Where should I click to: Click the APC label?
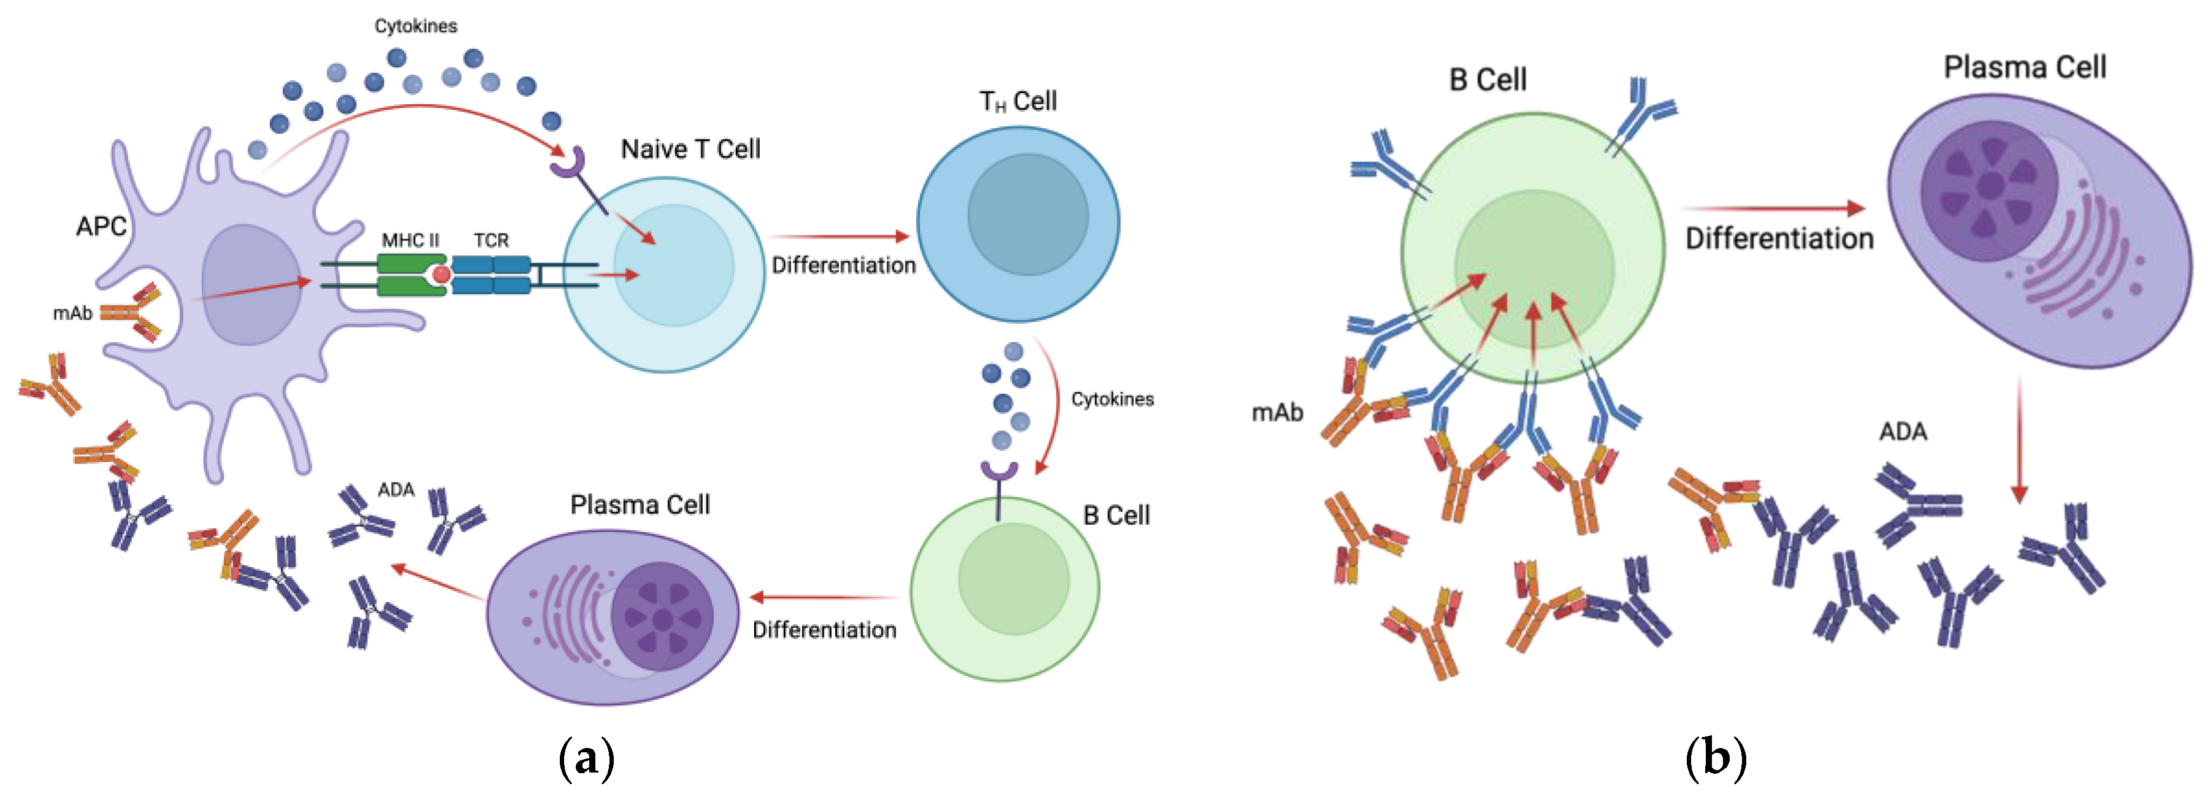coord(101,226)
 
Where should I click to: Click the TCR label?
coord(491,240)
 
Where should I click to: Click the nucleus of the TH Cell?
coord(1027,215)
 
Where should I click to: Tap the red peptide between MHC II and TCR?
coord(441,275)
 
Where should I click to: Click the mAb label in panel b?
coord(1277,413)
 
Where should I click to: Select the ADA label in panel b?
coord(1903,431)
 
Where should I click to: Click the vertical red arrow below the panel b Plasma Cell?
coord(2019,441)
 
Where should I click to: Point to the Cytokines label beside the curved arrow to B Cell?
coord(1112,400)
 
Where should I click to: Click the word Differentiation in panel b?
coord(1779,239)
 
